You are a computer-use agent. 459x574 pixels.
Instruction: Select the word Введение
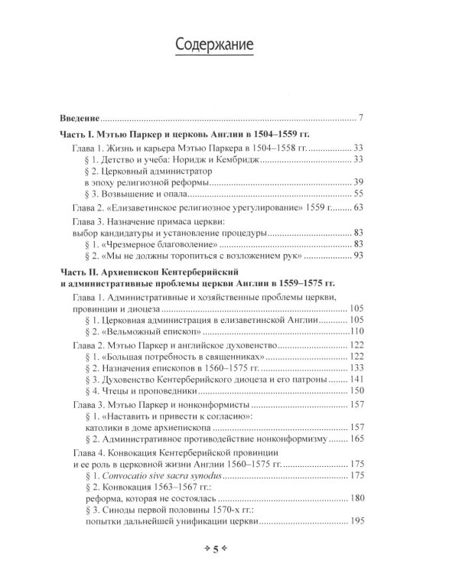pos(80,118)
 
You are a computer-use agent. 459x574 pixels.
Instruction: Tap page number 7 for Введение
pos(360,118)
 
